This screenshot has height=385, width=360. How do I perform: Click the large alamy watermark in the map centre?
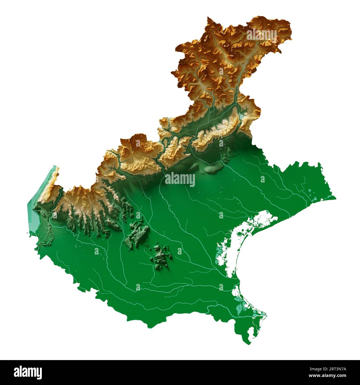coord(180,180)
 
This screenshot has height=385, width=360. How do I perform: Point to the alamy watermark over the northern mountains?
coord(261,35)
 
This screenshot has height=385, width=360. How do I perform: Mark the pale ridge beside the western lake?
coord(54,177)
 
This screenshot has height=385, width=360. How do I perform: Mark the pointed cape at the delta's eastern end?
coord(266,314)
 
